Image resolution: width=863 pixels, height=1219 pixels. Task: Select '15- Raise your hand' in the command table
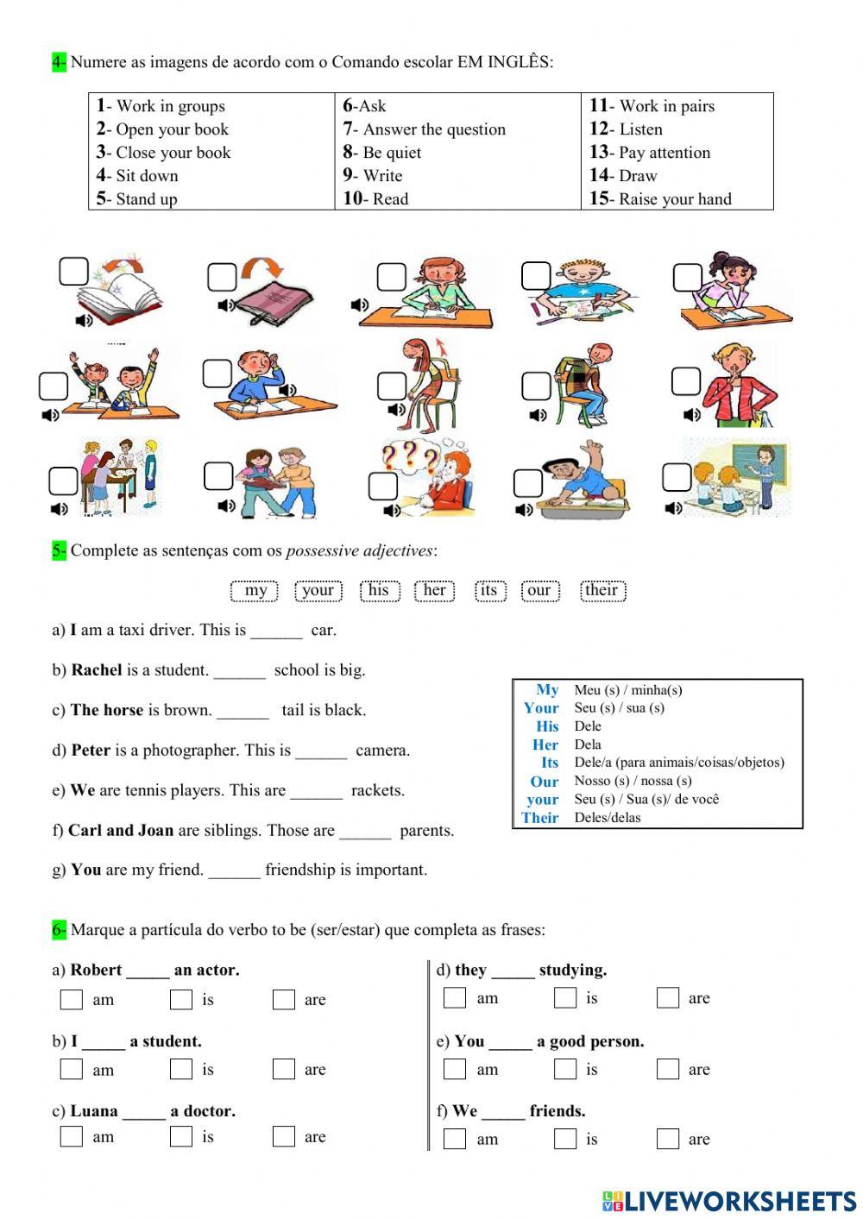click(x=660, y=199)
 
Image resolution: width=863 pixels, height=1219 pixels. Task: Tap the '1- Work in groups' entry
click(x=161, y=106)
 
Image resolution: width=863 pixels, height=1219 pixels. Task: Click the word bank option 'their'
click(x=602, y=590)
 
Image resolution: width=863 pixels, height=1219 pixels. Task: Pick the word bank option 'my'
click(x=255, y=590)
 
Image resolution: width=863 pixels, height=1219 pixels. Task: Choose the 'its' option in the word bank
click(x=488, y=590)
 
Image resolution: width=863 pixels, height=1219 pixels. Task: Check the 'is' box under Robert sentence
click(x=181, y=999)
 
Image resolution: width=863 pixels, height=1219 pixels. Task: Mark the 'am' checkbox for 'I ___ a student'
click(x=71, y=1069)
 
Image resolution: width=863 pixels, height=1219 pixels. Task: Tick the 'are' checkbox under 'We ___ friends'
click(x=667, y=1139)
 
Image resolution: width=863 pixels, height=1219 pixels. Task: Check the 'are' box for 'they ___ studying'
click(x=667, y=998)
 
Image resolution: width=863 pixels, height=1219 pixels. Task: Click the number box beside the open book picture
click(x=73, y=272)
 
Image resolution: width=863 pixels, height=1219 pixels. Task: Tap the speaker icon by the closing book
click(x=226, y=305)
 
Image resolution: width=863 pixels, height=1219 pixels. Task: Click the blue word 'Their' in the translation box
click(x=540, y=818)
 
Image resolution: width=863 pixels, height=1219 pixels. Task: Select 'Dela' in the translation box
click(x=588, y=745)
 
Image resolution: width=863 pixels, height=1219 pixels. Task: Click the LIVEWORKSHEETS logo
click(x=729, y=1201)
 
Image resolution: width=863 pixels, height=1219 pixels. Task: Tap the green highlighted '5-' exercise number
click(x=59, y=550)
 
